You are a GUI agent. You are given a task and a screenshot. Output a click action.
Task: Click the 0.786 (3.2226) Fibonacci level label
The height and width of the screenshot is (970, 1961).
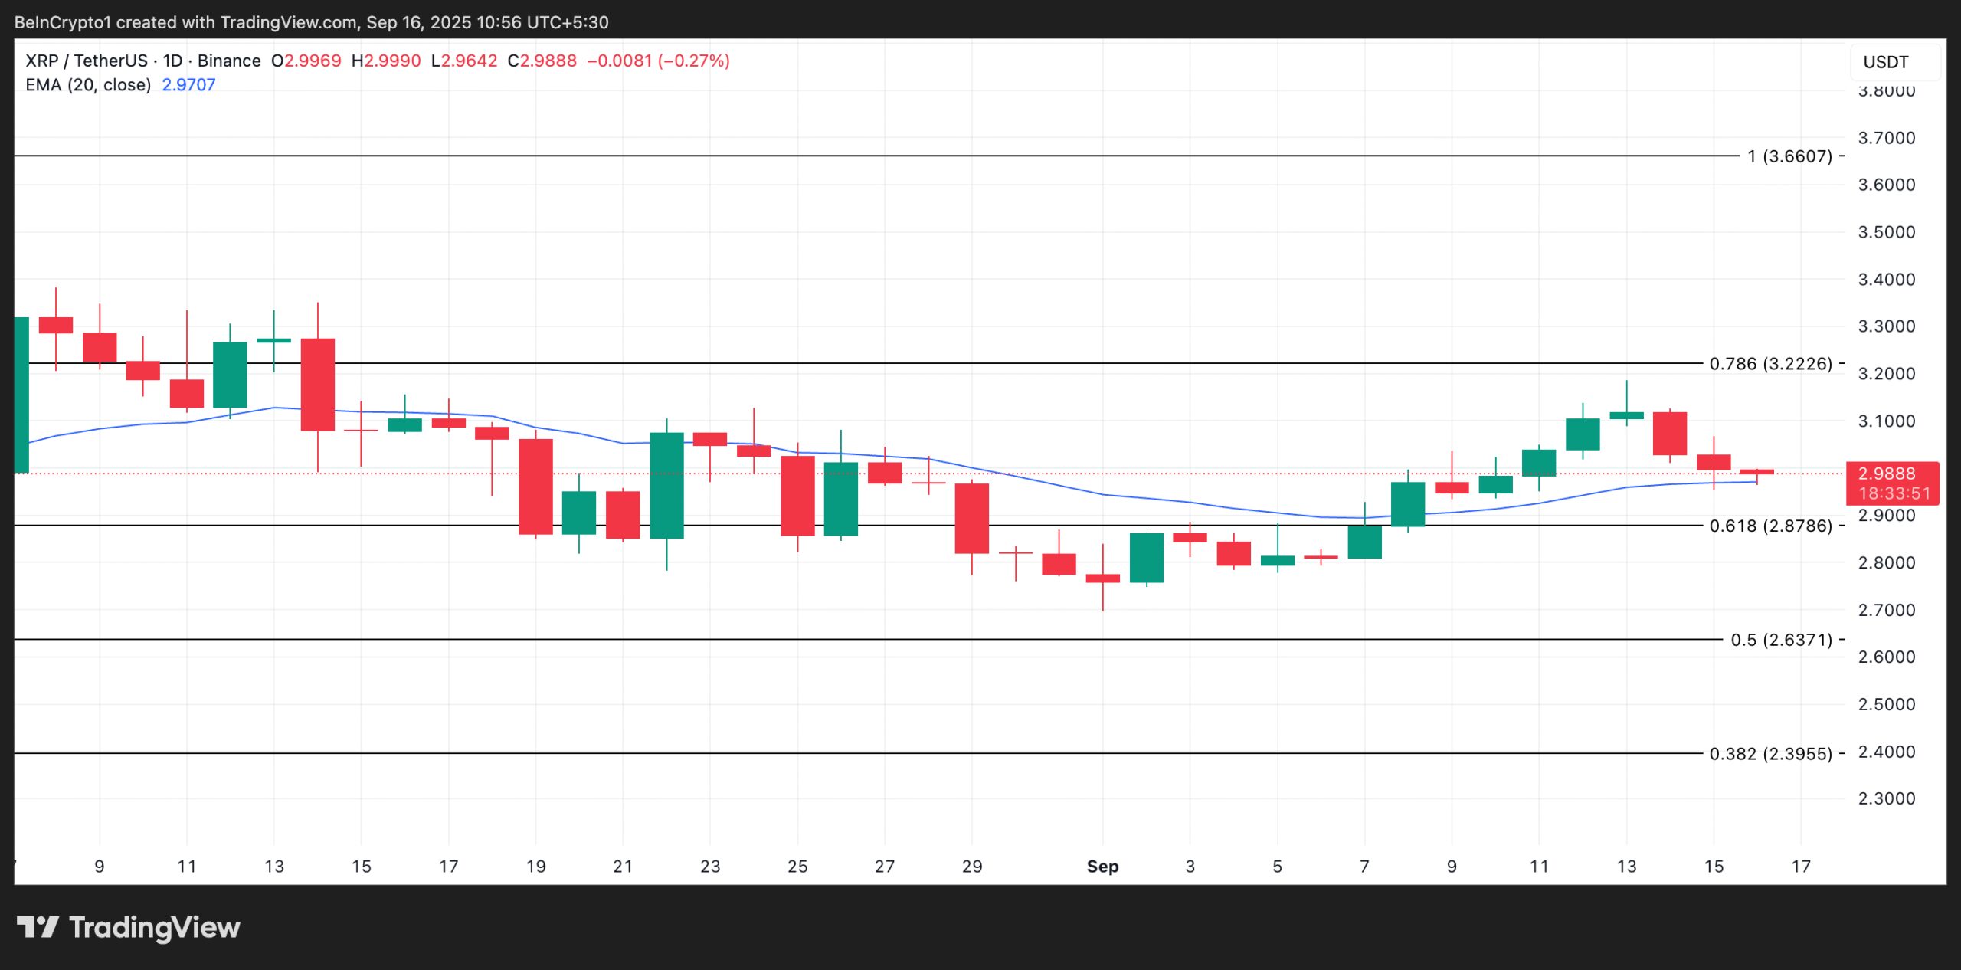(1771, 364)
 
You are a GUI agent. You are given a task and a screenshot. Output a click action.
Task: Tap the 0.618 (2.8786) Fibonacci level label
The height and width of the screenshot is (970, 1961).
(1771, 526)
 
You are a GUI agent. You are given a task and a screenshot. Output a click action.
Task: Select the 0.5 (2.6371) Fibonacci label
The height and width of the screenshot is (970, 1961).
(1782, 640)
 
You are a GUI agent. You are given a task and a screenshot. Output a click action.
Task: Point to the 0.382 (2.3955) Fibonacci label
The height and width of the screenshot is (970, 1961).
(1771, 754)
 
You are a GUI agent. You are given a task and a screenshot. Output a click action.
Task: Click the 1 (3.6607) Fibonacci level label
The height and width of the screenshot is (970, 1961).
(1789, 156)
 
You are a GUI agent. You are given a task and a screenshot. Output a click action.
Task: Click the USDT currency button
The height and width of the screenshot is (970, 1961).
(1885, 62)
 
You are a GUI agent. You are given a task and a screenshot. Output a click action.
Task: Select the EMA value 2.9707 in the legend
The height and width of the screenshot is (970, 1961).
(188, 85)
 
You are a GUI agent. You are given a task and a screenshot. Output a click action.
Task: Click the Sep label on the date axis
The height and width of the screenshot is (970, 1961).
(1102, 867)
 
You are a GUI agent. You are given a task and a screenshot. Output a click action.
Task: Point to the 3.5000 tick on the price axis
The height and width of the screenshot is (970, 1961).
(1887, 232)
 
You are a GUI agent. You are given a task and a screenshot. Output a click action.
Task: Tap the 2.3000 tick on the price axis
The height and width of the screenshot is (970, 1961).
(1887, 798)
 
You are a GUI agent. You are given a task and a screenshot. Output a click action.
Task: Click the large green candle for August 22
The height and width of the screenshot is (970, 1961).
(666, 486)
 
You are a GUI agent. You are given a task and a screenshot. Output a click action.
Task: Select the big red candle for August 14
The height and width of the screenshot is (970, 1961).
(317, 385)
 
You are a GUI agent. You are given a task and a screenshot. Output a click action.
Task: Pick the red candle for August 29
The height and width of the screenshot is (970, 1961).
(971, 518)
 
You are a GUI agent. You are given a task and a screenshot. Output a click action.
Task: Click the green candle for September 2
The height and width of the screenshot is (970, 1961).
(1146, 558)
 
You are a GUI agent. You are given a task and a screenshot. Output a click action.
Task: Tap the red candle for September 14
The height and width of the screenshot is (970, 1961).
(1670, 434)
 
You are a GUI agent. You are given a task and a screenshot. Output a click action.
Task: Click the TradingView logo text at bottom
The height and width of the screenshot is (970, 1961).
(129, 928)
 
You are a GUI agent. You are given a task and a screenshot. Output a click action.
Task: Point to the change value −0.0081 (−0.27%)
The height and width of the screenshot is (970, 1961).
(658, 61)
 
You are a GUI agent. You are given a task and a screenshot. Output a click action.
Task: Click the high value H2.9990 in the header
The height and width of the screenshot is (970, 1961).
(386, 61)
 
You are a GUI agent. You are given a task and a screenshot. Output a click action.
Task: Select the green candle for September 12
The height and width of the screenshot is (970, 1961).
(1583, 434)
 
